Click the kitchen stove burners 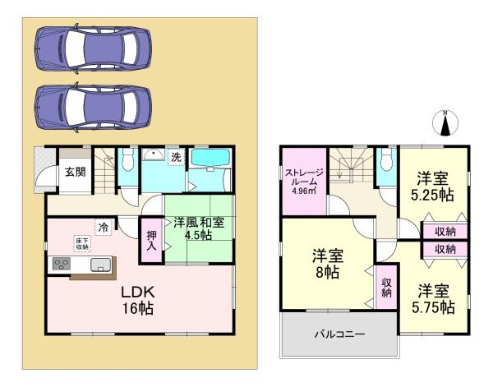tap(62, 264)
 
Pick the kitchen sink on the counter tap(99, 264)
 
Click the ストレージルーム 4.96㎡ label tap(304, 177)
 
